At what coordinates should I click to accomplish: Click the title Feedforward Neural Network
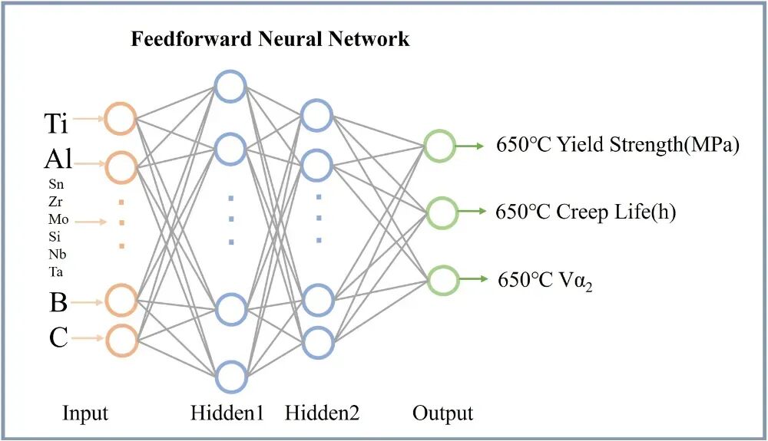click(x=270, y=39)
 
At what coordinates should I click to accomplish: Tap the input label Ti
click(x=56, y=123)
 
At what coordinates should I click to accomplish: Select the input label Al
click(x=58, y=159)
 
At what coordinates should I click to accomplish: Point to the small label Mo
click(x=58, y=219)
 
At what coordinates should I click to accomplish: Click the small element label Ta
click(x=56, y=272)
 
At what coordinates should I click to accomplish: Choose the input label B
click(x=58, y=302)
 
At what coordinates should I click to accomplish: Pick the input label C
click(x=58, y=337)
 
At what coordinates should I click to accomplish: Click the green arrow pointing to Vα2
click(x=473, y=279)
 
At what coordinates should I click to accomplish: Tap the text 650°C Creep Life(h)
click(x=586, y=212)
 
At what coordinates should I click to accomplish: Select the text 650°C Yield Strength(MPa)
click(x=617, y=145)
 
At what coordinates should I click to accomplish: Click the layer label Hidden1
click(x=227, y=413)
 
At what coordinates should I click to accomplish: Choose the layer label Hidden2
click(x=323, y=413)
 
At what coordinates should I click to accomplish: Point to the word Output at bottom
click(x=443, y=413)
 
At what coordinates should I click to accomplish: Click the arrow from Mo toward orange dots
click(x=90, y=222)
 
